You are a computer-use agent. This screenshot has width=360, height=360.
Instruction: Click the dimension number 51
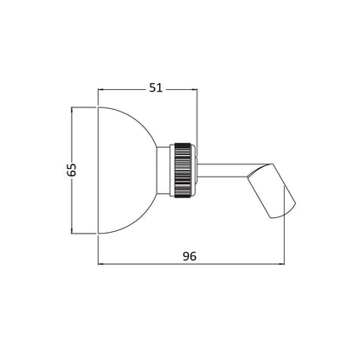156,87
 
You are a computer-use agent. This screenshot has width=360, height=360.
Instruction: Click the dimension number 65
71,170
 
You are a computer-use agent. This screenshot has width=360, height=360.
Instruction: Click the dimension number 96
190,256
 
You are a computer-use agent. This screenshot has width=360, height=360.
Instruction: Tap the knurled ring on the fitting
183,170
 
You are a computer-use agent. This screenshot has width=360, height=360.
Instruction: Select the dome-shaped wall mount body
127,170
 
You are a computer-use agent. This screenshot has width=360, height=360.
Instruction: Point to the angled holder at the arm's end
272,191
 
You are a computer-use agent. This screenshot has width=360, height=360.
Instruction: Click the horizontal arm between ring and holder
222,170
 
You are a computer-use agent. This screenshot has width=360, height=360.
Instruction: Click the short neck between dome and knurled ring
164,170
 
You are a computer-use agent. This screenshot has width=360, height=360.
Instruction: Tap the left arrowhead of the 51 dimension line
100,89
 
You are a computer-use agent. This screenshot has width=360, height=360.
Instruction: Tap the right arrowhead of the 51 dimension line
195,89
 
